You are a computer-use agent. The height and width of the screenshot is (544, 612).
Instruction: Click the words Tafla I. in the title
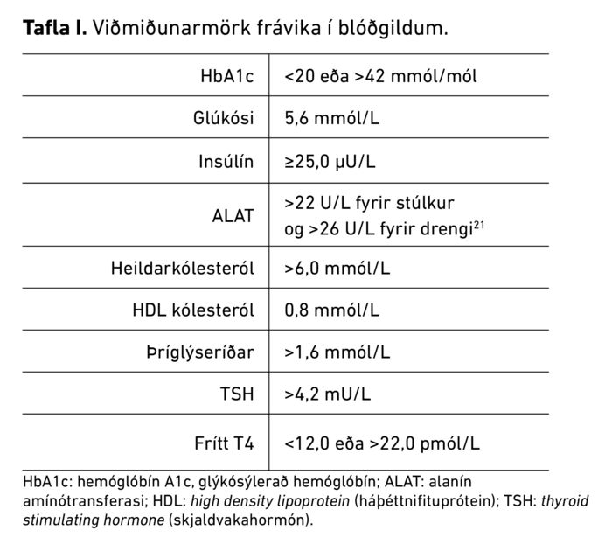click(x=54, y=28)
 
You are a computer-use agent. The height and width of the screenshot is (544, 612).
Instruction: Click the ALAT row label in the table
click(x=233, y=215)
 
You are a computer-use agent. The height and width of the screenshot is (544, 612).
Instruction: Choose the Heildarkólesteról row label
click(x=183, y=268)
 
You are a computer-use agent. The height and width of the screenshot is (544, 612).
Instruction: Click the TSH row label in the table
click(x=238, y=394)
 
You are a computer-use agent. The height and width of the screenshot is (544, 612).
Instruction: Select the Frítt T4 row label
click(x=223, y=443)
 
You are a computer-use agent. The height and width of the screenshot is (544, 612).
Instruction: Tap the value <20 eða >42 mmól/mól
click(x=380, y=76)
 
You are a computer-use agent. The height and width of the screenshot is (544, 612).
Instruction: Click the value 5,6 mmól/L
click(x=332, y=119)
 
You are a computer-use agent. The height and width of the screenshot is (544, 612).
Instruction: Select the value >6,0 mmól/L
click(x=337, y=268)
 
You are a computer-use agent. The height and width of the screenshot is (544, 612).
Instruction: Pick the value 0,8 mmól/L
click(x=332, y=310)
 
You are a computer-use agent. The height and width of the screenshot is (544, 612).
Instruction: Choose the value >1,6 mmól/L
click(x=337, y=352)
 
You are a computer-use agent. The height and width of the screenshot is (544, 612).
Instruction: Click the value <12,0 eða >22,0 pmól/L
click(x=382, y=443)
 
